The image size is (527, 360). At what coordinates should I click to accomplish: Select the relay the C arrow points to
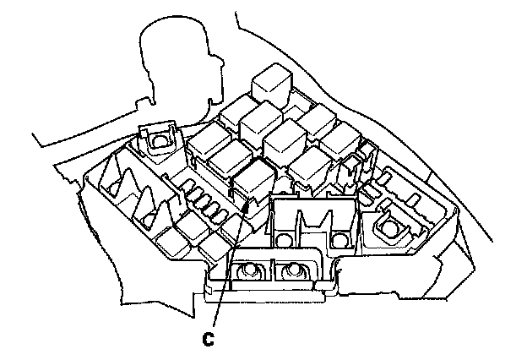pos(253,181)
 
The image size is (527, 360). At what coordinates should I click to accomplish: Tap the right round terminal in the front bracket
pos(293,271)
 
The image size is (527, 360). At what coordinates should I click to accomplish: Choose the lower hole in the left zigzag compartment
pos(148,221)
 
